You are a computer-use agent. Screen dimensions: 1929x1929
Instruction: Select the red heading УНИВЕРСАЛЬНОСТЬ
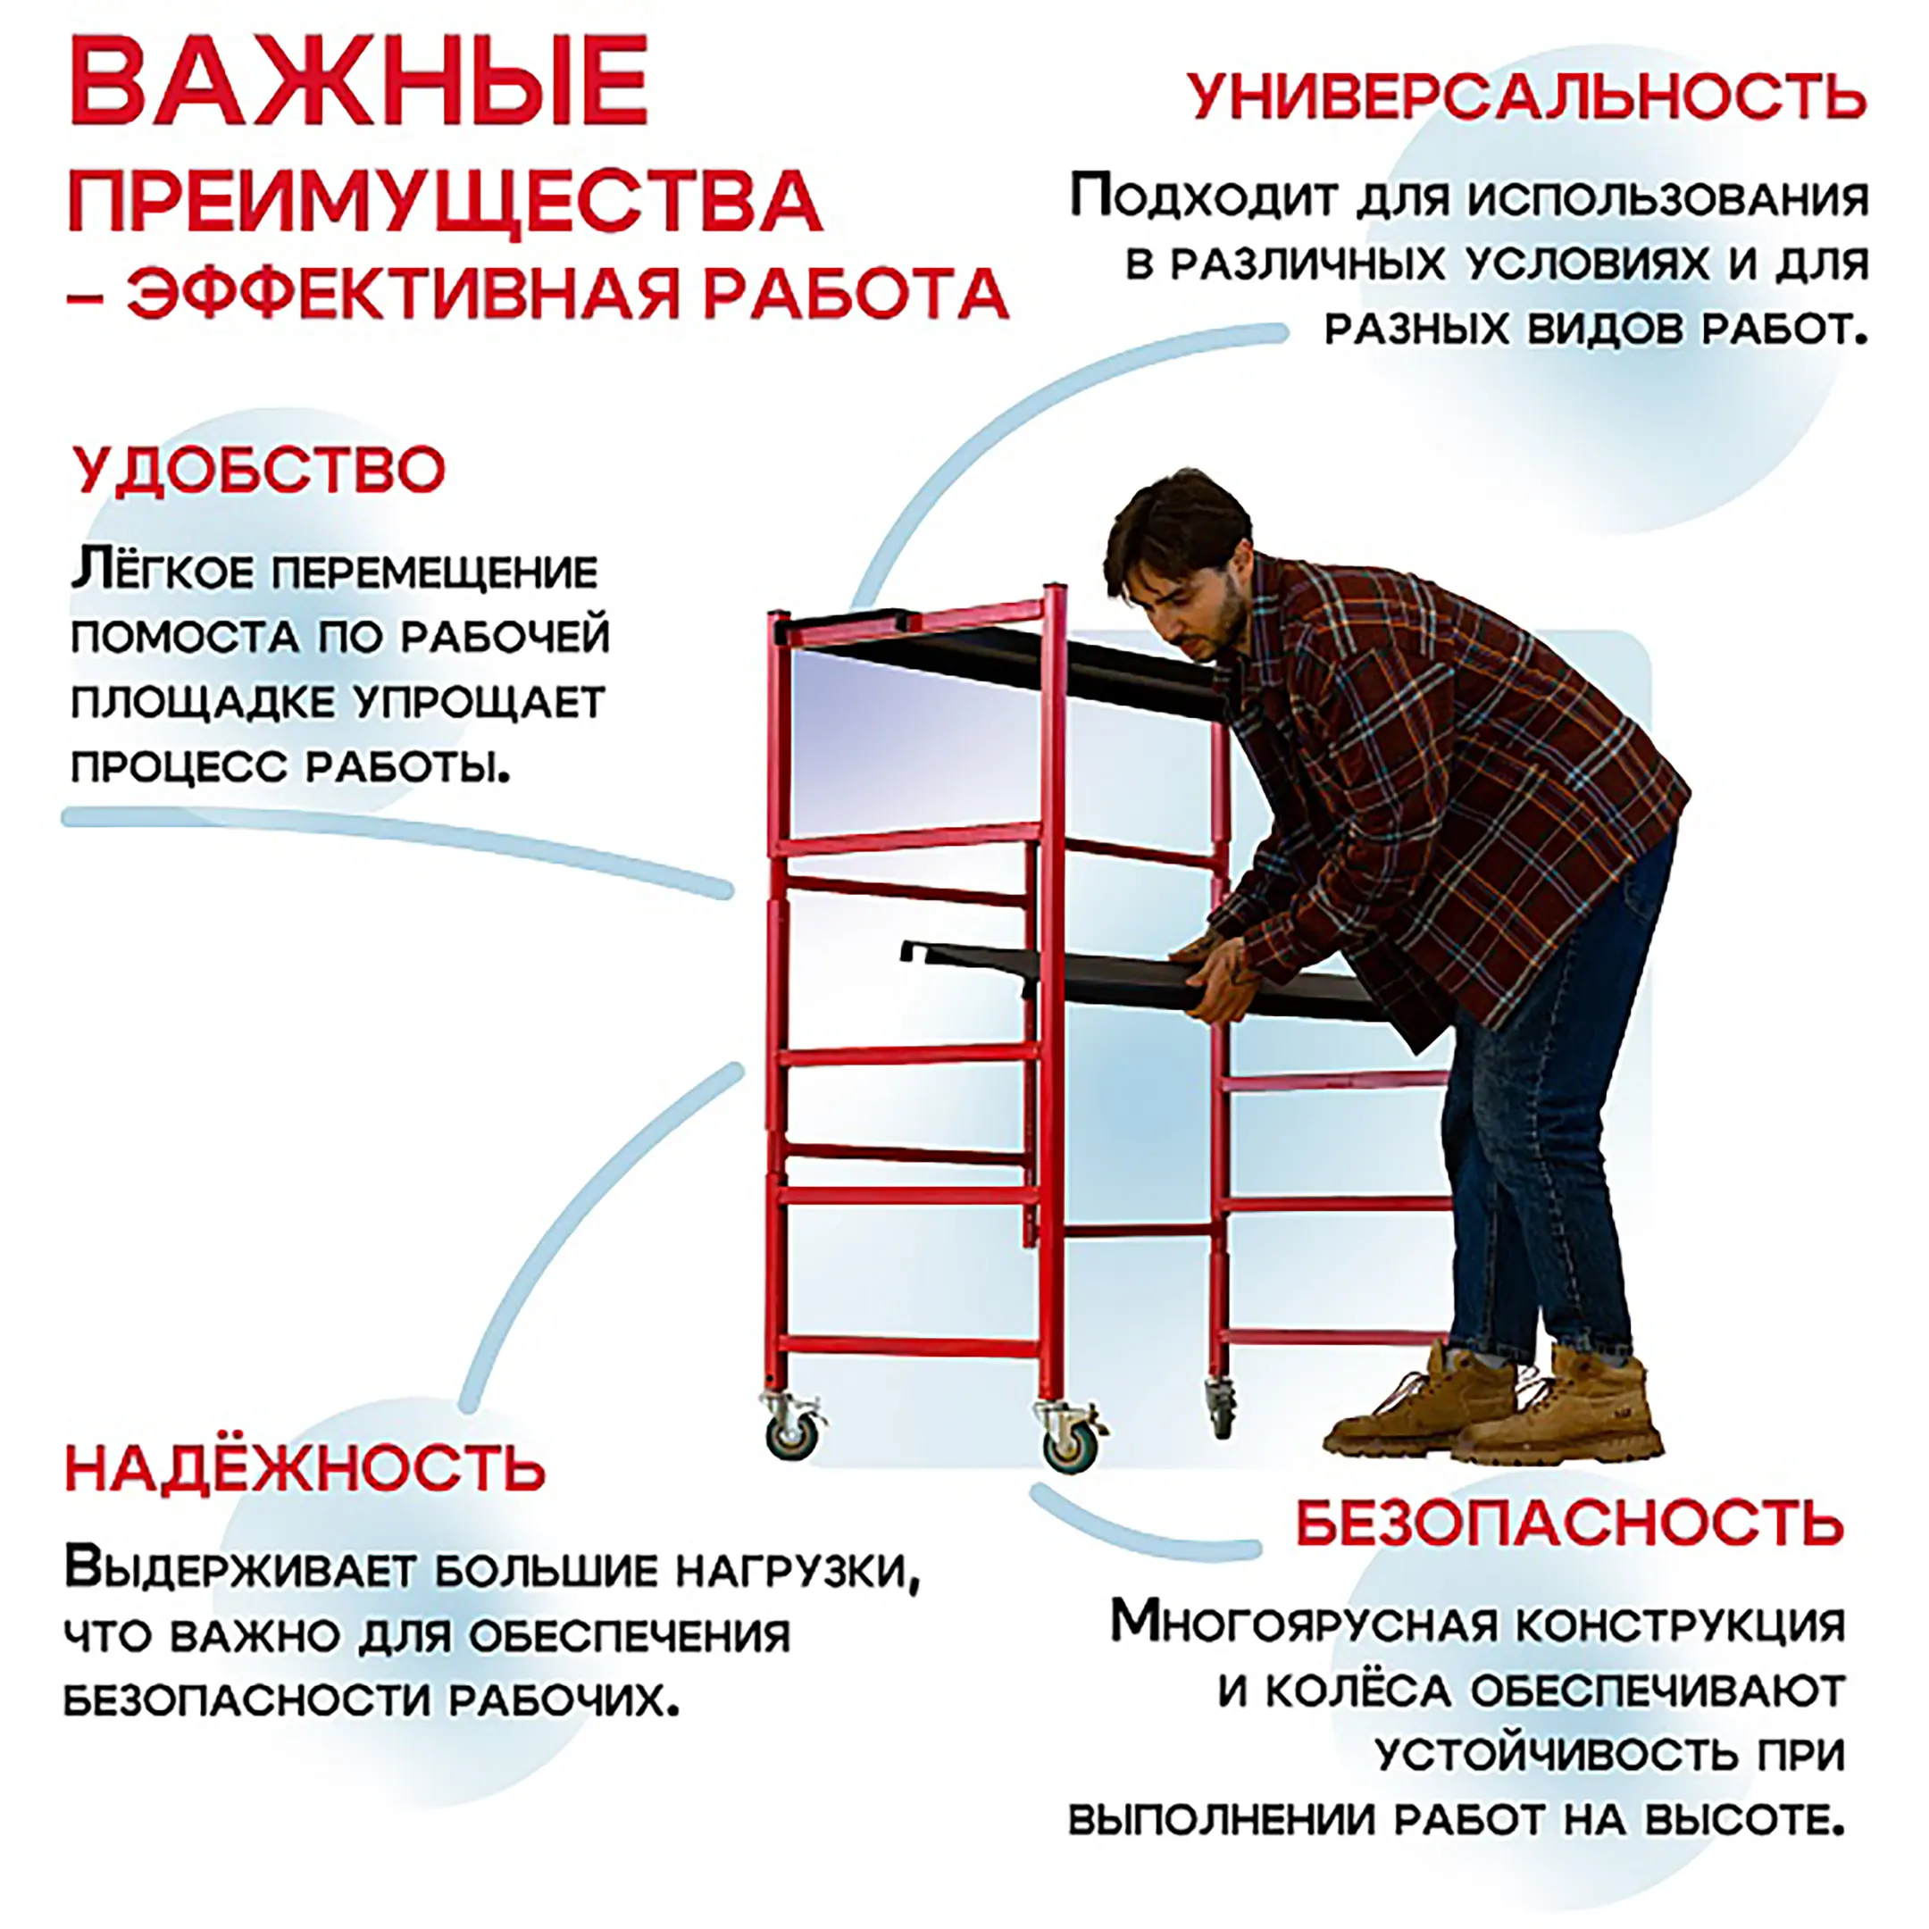click(1526, 96)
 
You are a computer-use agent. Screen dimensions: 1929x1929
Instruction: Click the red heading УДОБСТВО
click(260, 469)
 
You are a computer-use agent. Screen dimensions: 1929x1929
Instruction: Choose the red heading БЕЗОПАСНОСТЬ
click(1571, 1523)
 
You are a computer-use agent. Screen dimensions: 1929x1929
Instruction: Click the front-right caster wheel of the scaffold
click(1071, 1445)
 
